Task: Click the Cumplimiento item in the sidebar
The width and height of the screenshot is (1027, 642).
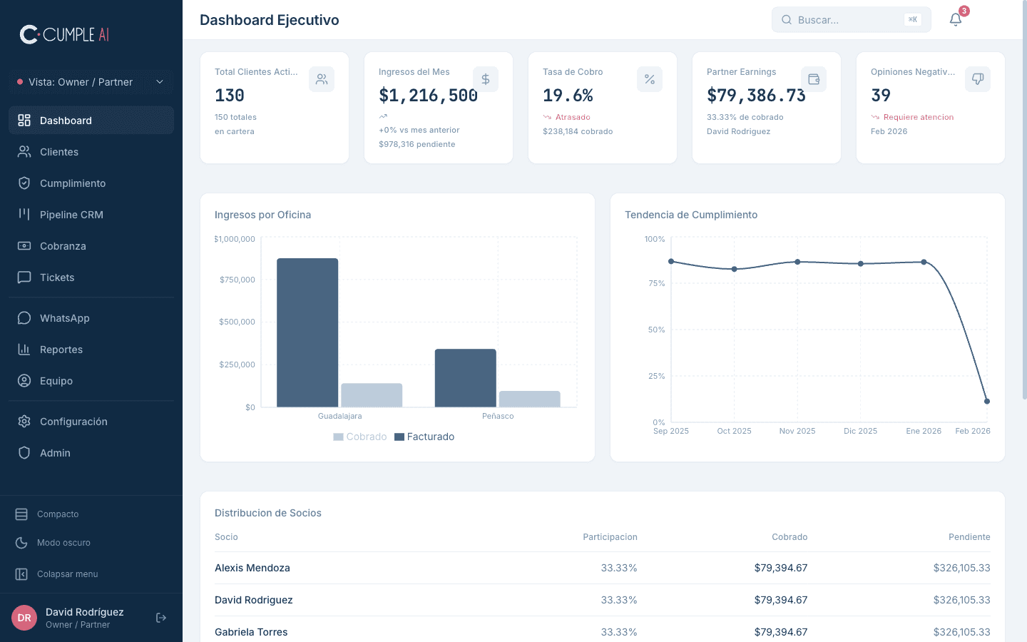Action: coord(72,183)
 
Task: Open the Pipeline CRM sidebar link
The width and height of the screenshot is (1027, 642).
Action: coord(71,215)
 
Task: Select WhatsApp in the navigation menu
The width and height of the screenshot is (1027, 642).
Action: coord(64,318)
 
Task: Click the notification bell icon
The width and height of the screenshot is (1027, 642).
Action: coord(956,20)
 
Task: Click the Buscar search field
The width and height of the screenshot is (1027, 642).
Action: coord(842,20)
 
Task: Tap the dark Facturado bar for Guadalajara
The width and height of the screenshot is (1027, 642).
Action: coord(307,332)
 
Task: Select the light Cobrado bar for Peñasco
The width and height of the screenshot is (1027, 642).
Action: coord(529,399)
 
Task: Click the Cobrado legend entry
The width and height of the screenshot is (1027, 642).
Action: coord(360,437)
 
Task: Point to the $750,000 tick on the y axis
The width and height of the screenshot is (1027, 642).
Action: coord(237,280)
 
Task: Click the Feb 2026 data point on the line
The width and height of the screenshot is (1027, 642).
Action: coord(987,401)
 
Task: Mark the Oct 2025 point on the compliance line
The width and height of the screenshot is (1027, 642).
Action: coord(735,269)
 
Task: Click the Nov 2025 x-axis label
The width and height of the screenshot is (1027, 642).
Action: coord(797,431)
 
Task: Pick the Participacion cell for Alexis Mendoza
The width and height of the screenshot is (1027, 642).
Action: coord(618,568)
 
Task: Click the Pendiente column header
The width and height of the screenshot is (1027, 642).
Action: coord(969,537)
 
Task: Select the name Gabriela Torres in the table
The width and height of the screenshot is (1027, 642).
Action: coord(251,632)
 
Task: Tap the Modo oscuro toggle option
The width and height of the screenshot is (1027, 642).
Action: coord(63,543)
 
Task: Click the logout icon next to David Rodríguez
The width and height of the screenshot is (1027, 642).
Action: coord(161,618)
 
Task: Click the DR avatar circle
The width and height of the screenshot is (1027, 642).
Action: coord(24,618)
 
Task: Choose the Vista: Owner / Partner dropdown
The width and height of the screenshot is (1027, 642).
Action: coord(91,82)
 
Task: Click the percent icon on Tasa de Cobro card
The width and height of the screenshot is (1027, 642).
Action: coord(650,79)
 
